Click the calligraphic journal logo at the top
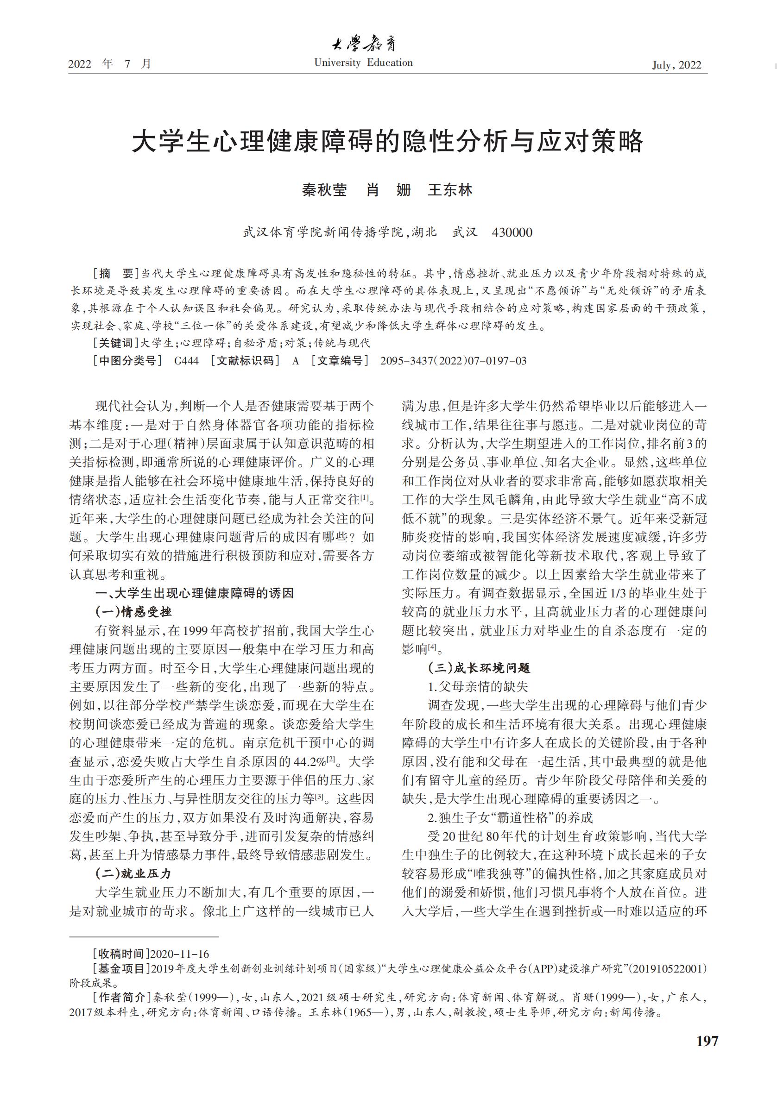pos(364,45)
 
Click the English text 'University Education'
pos(363,63)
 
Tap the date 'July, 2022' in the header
pos(676,65)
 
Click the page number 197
pos(707,1041)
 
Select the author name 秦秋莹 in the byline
pos(324,190)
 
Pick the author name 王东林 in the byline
pos(450,190)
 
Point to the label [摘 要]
pos(115,273)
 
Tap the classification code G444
pos(186,360)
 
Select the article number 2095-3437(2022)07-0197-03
pos(453,360)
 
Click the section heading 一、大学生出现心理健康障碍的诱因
pos(195,593)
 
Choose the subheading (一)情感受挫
pos(133,612)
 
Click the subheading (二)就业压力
pos(133,873)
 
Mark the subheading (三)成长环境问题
pos(479,667)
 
